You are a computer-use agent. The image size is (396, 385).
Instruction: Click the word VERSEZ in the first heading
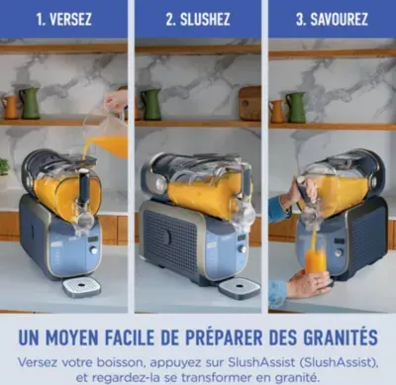pos(70,19)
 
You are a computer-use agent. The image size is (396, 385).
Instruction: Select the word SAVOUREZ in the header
pos(339,19)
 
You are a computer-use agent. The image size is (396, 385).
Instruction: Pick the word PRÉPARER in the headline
pos(224,337)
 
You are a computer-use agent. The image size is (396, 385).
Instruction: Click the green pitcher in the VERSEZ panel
pos(31,104)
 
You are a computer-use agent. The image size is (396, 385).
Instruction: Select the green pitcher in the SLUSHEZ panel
pos(151,105)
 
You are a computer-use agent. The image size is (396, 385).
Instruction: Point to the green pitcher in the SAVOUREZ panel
pos(296,107)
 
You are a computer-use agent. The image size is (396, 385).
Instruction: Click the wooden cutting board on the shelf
pos(249,103)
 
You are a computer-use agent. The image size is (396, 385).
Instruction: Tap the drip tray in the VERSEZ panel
pos(82,288)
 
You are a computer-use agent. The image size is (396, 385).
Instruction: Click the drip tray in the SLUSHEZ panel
pos(240,288)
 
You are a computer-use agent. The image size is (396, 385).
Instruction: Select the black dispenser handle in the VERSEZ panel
pos(84,185)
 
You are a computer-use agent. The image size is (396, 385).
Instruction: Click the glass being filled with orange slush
pos(315,260)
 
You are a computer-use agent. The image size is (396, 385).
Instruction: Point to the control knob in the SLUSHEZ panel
pos(243,248)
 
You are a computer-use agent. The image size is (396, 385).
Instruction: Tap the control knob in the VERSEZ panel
pos(94,249)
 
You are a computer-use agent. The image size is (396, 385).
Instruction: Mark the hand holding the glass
pos(308,282)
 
